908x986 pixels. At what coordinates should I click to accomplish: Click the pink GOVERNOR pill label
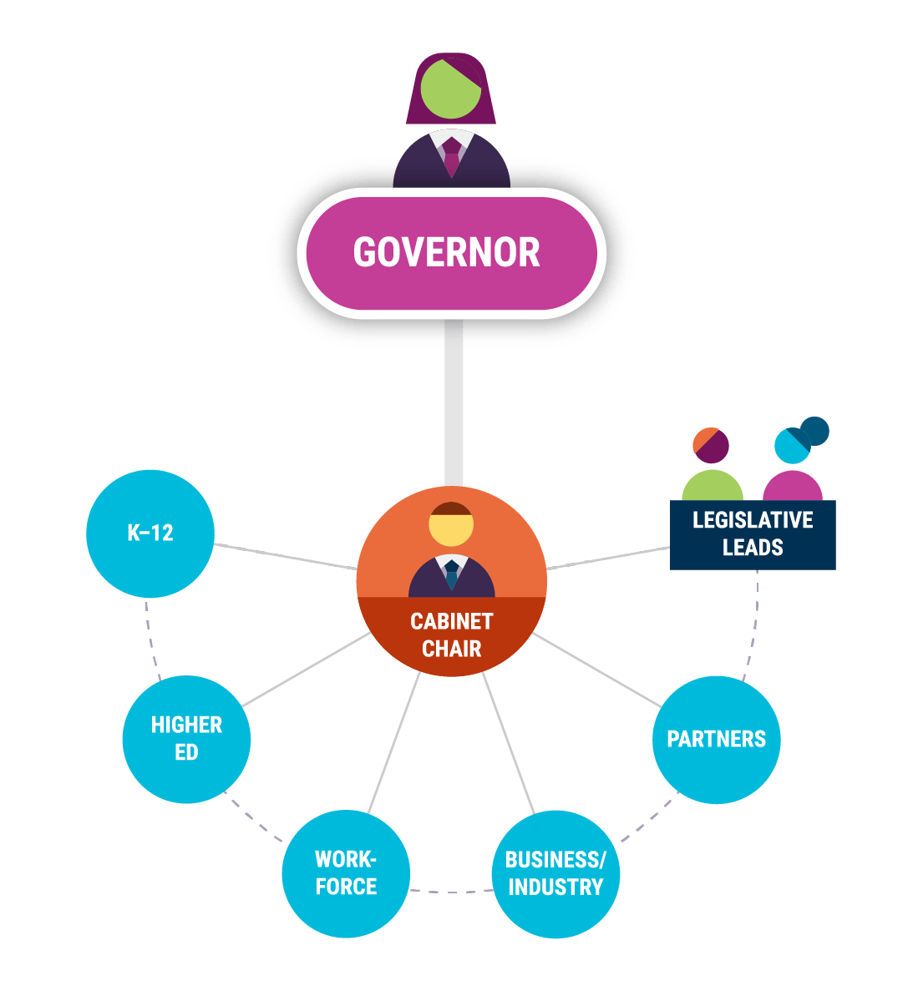tap(448, 253)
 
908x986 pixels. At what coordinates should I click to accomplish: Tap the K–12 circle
tap(150, 533)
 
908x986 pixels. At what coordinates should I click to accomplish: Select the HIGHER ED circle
tap(186, 738)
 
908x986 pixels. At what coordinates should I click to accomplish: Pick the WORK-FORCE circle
tap(346, 873)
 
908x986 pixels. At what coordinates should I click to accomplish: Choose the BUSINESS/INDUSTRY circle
tap(555, 873)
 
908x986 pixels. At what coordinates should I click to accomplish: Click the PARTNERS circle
tap(716, 740)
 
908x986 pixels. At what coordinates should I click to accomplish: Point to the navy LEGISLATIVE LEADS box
tap(753, 534)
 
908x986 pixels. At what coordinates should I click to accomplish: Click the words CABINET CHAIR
tap(451, 635)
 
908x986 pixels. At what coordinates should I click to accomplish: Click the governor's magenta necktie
tap(451, 157)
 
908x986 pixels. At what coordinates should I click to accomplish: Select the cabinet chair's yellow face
tap(451, 529)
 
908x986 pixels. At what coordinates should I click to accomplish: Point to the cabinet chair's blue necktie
tap(452, 575)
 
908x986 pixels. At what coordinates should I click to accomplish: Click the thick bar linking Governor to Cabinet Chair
tap(454, 401)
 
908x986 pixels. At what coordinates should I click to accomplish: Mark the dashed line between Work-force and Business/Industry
tap(451, 891)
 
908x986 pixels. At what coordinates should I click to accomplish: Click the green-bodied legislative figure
tap(712, 484)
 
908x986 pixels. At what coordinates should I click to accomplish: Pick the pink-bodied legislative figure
tap(792, 486)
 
